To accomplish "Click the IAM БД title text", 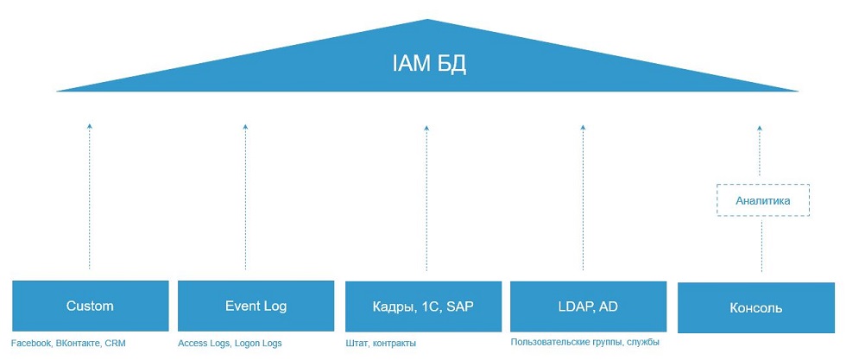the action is tap(428, 64).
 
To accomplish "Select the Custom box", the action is tap(90, 306).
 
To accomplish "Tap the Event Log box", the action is tap(256, 306).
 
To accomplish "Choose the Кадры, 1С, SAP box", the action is tap(424, 306).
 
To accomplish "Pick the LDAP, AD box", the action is tap(588, 306).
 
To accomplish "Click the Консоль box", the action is tap(756, 307).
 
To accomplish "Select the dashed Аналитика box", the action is tap(763, 200).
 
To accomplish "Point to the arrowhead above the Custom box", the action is tap(90, 126).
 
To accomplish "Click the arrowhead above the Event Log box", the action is tap(245, 127).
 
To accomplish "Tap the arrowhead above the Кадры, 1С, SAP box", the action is tap(426, 128).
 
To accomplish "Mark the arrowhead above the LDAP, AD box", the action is tap(583, 128).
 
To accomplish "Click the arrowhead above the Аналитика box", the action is tap(760, 128).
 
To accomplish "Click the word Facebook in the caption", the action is tap(31, 344).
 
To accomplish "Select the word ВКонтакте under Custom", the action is tap(78, 344).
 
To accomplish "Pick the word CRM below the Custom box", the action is tap(115, 344).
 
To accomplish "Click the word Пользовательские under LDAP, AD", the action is tap(549, 342).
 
